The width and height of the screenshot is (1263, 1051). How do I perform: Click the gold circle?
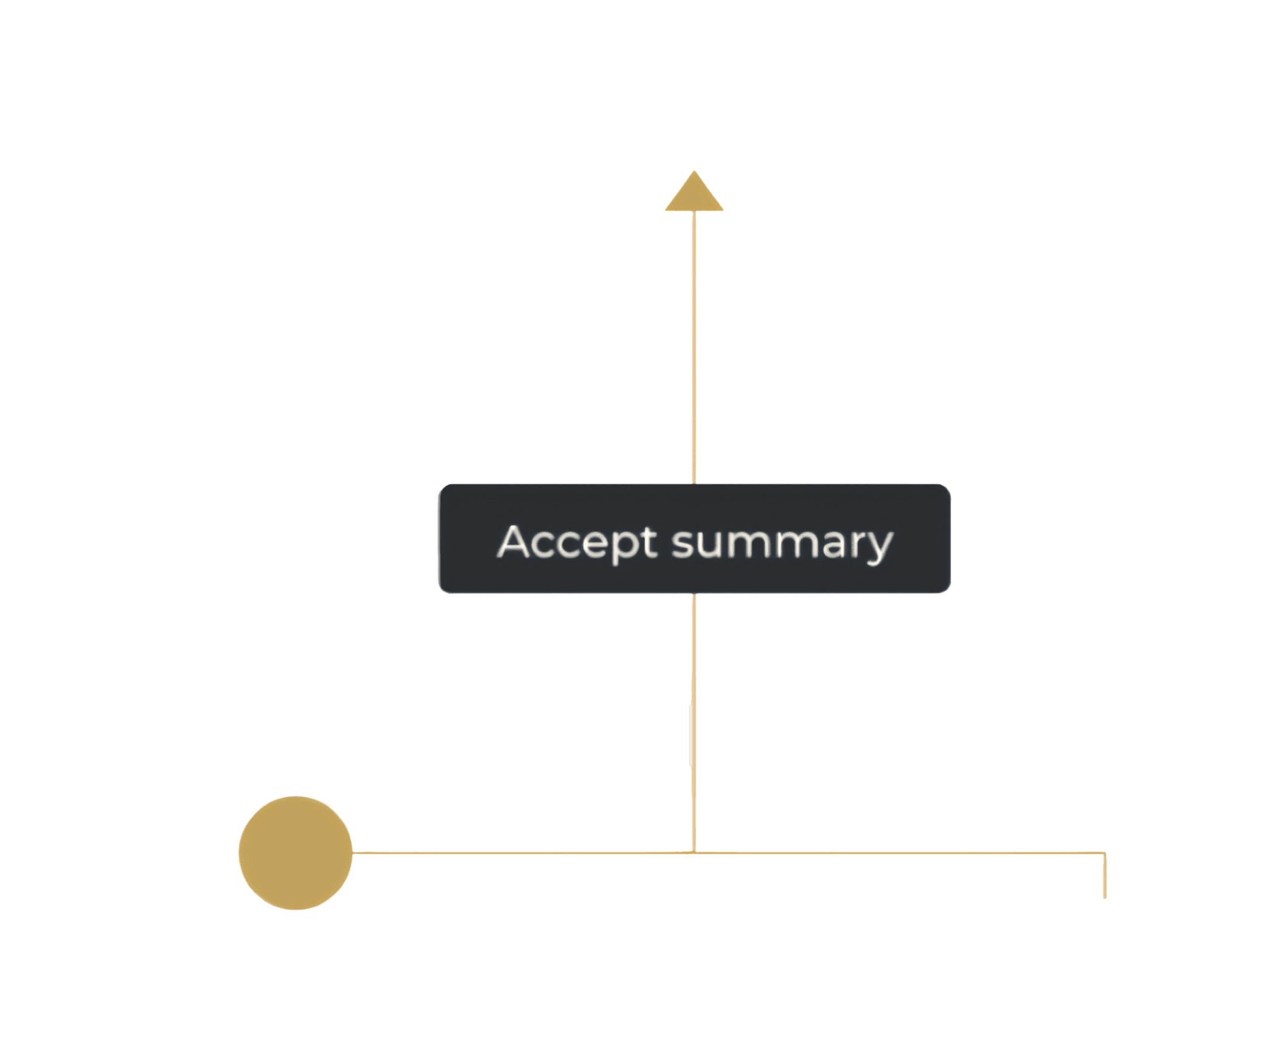coord(295,853)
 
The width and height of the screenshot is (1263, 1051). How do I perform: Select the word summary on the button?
coord(781,542)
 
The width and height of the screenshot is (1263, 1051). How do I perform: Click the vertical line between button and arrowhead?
coord(694,345)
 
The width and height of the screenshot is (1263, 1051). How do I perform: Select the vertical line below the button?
coord(694,722)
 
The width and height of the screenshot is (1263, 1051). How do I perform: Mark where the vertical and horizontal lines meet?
coord(694,853)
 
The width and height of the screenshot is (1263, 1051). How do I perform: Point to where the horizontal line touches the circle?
coord(353,853)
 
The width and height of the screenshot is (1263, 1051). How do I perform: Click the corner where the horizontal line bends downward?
coord(1105,854)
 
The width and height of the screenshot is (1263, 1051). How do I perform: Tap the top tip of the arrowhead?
coord(694,171)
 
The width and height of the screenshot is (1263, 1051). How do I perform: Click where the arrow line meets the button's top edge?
coord(694,485)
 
